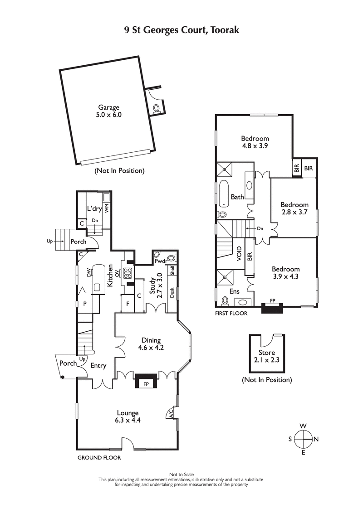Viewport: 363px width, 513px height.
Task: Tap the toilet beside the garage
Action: click(x=157, y=109)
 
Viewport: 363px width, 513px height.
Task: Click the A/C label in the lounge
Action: click(x=171, y=414)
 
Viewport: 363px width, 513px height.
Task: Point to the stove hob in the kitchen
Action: click(x=128, y=273)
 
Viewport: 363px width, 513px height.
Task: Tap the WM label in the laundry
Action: click(x=106, y=208)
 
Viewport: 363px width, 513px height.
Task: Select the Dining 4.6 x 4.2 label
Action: click(x=151, y=344)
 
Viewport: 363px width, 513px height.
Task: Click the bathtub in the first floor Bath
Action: click(x=224, y=194)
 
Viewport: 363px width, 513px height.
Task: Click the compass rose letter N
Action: click(x=316, y=439)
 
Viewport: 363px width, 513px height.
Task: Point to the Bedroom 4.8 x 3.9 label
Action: click(x=255, y=142)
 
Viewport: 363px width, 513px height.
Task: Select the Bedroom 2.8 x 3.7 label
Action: click(x=294, y=208)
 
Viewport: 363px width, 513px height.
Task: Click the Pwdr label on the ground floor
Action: click(x=161, y=261)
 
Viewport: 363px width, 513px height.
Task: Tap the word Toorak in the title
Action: click(x=221, y=30)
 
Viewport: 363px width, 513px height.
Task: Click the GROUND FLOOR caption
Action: click(x=99, y=458)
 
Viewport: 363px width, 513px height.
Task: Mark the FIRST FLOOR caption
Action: click(x=231, y=313)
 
